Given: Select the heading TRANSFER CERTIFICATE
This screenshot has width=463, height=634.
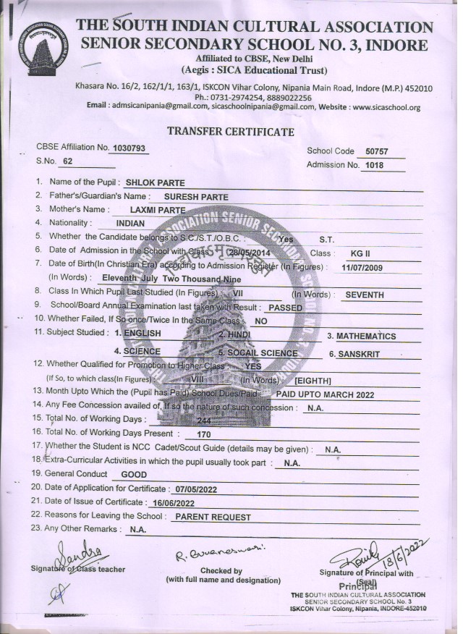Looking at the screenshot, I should coord(231,132).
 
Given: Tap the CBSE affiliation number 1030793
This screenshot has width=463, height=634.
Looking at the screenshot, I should coord(129,148).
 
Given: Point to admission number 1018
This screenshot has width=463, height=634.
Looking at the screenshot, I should coord(373,165).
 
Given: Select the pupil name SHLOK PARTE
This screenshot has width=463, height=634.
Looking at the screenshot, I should coord(151,183).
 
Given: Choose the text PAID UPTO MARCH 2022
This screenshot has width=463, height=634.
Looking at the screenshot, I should coord(328,394).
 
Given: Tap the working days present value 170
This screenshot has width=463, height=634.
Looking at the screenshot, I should coord(203,435).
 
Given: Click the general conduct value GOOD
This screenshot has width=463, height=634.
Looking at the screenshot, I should coord(133,474).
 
